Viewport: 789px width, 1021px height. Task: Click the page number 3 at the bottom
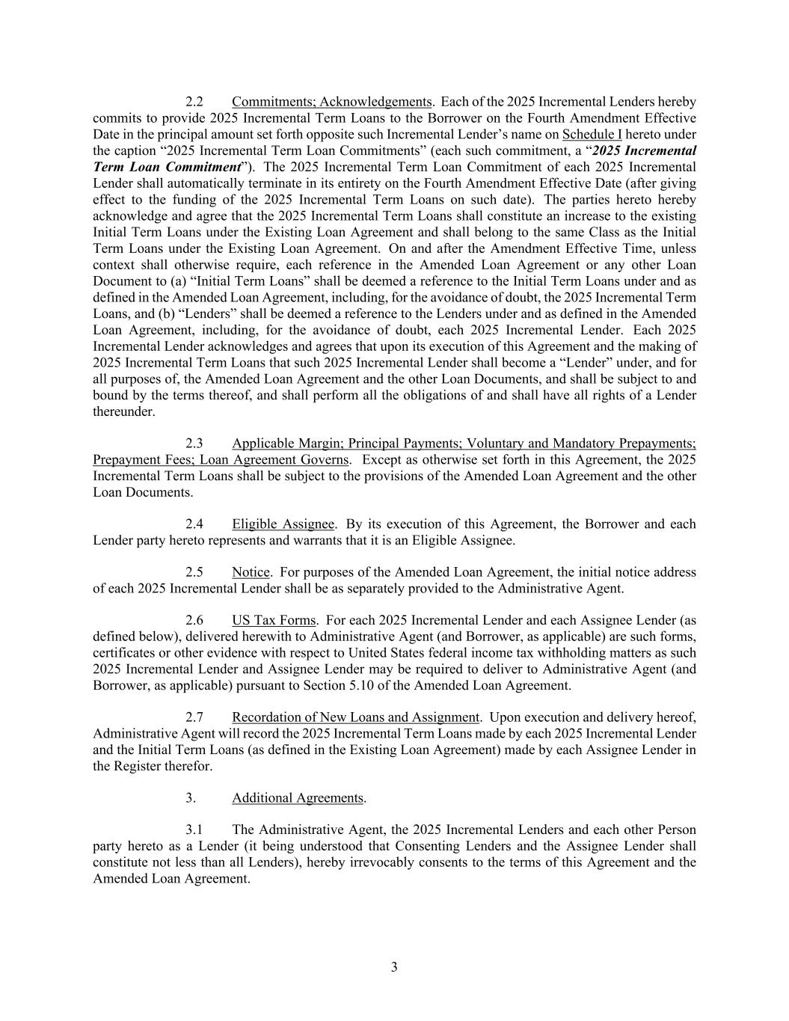pos(394,967)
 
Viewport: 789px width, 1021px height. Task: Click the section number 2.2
pos(194,102)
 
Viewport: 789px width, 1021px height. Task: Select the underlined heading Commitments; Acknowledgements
pos(332,102)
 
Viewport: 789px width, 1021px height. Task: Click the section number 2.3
pos(194,444)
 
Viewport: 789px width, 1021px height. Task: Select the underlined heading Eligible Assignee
pos(283,524)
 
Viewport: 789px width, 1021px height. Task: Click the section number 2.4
pos(194,524)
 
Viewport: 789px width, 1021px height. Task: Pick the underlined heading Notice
pos(251,572)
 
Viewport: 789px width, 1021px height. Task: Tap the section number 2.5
pos(194,572)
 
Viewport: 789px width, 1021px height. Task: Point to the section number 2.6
pos(194,620)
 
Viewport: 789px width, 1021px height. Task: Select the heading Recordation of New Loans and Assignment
pos(355,717)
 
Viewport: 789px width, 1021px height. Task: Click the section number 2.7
pos(194,717)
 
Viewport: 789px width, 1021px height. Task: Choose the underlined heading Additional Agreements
pos(298,798)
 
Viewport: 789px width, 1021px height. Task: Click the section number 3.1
pos(194,830)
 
